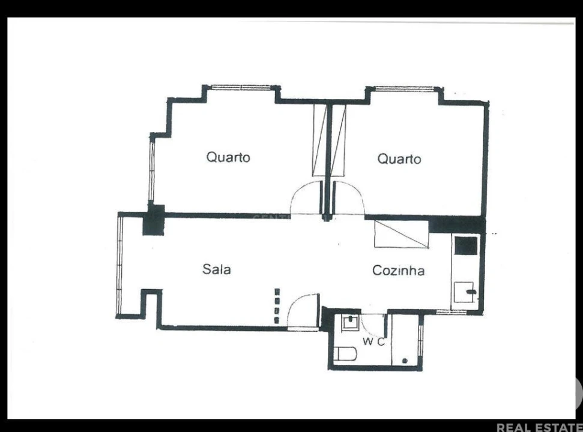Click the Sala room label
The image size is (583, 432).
(x=216, y=269)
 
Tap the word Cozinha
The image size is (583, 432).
(x=398, y=271)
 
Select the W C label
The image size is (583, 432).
(x=373, y=342)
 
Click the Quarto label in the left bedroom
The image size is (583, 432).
(x=228, y=157)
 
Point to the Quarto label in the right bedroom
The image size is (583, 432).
(x=399, y=159)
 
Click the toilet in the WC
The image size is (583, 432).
(x=345, y=354)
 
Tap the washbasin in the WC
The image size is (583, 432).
(x=349, y=323)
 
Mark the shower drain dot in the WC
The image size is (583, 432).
(x=405, y=361)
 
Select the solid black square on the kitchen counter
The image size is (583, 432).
(x=465, y=245)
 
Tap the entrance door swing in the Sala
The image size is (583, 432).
(x=303, y=311)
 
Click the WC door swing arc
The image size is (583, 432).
(x=373, y=324)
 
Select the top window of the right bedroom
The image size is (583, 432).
(x=403, y=89)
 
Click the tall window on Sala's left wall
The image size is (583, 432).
(x=119, y=265)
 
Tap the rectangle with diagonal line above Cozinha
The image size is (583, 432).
(x=401, y=234)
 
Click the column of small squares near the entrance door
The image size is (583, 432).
(x=277, y=307)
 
